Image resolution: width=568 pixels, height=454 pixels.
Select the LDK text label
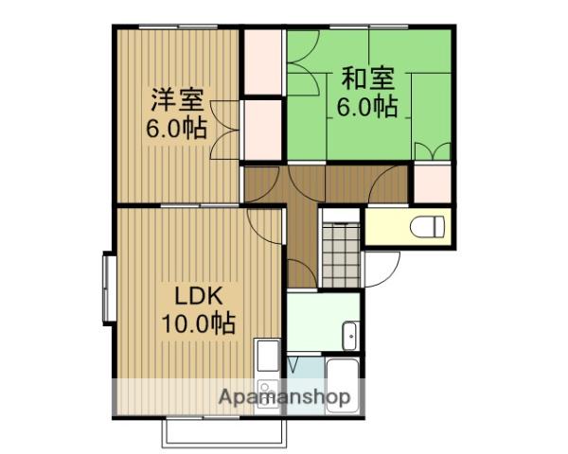point(197,293)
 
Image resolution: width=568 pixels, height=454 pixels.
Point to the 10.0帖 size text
point(197,323)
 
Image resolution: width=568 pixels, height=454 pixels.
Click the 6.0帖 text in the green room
point(364,106)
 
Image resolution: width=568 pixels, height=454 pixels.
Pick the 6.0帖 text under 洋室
point(177,129)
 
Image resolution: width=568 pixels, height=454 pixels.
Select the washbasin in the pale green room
point(347,335)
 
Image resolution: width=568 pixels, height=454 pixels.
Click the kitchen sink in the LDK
point(267,357)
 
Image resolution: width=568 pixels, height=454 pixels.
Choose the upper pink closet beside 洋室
point(262,62)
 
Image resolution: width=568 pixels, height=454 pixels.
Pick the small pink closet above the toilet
point(433,183)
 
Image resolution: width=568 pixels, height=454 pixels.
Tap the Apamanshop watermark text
point(285,397)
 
